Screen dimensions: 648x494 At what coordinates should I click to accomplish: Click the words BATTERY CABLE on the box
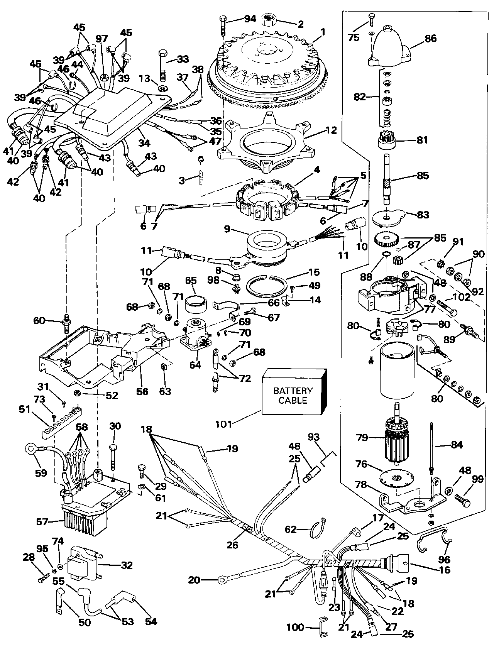pos(293,395)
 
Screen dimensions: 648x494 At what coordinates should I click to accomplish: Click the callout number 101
pos(223,425)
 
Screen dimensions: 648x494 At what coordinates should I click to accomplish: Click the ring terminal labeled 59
pos(31,449)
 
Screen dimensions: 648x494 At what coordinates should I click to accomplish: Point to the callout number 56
pos(142,391)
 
